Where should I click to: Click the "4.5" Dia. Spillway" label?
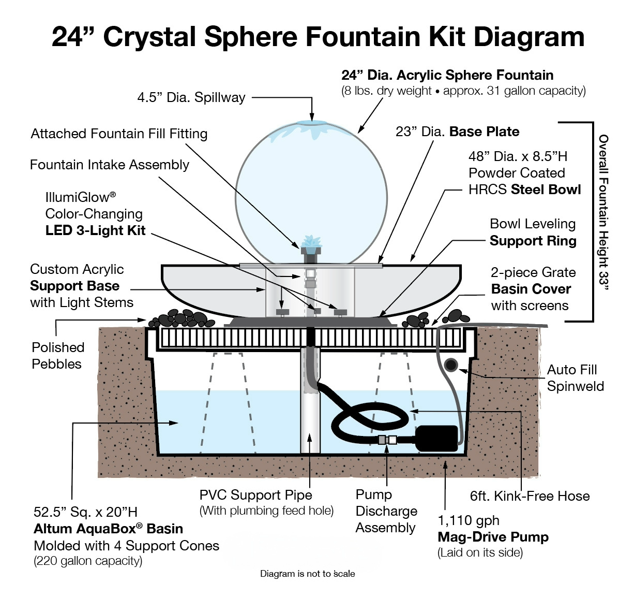coord(191,97)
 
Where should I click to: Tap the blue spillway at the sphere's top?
coord(312,124)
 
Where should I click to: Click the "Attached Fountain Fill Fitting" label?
coord(119,134)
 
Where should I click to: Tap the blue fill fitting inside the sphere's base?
coord(311,242)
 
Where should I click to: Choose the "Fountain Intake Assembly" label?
coord(110,165)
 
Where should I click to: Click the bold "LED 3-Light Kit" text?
coord(95,230)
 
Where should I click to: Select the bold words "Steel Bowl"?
coord(546,190)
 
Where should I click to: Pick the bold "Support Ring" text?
coord(533,241)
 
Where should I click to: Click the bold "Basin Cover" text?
coord(531,289)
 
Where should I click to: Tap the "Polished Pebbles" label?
coord(57,355)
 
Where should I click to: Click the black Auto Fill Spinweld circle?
coord(451,365)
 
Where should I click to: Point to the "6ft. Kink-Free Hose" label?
coord(530,496)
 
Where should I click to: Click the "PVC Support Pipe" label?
coord(255,495)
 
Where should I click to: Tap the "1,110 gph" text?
coord(469,520)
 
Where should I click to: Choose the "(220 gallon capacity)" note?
coord(88,561)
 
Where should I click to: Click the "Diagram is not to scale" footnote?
coord(307,574)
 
